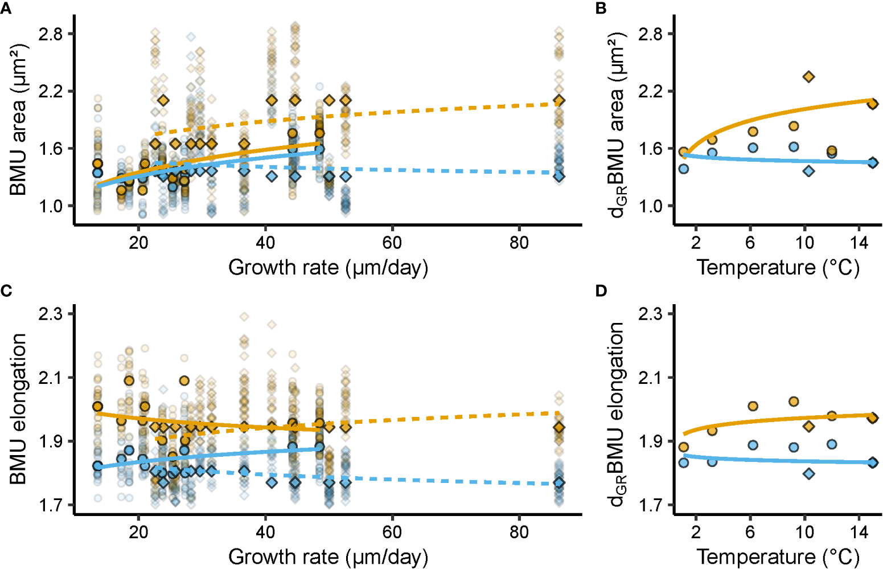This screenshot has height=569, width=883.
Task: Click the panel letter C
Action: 6,291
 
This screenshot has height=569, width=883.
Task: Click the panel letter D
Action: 601,291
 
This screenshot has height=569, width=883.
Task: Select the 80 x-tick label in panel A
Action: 519,243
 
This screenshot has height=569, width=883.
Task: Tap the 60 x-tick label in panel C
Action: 392,532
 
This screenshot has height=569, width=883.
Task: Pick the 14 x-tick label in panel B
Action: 859,243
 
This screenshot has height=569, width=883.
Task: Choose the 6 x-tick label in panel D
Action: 750,532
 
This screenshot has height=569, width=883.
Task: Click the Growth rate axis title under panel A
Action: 328,267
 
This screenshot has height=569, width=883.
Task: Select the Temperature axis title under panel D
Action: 778,556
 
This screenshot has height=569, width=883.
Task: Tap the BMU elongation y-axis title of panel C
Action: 18,409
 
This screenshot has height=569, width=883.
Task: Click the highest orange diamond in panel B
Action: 808,76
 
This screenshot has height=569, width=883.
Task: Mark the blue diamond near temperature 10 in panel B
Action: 808,170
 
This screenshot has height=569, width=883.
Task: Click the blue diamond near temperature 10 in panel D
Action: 808,473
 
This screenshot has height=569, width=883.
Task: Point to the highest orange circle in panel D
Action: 794,402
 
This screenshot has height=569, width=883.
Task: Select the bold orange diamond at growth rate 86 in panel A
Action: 559,101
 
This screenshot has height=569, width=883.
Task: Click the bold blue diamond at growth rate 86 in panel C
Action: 559,483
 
